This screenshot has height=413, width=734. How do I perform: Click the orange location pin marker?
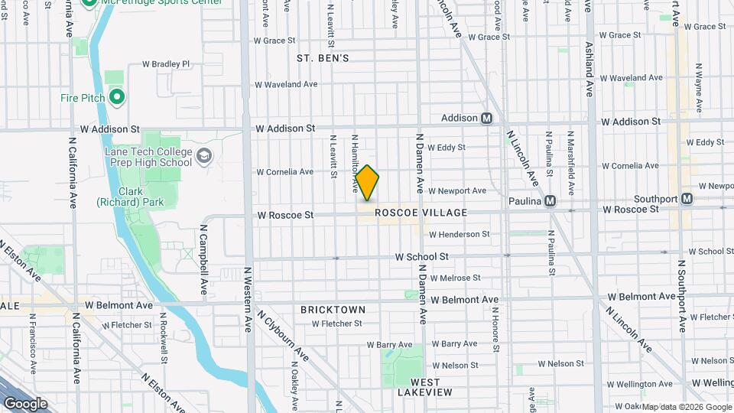pyautogui.click(x=368, y=183)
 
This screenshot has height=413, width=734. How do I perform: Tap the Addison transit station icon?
pyautogui.click(x=486, y=119)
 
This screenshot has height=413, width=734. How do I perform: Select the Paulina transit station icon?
pyautogui.click(x=550, y=202)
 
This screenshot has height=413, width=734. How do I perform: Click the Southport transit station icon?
pyautogui.click(x=687, y=198)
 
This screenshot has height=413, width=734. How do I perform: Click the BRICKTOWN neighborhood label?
pyautogui.click(x=333, y=310)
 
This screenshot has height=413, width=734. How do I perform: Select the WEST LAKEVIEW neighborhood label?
pyautogui.click(x=424, y=386)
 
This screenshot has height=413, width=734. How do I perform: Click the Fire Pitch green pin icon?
pyautogui.click(x=117, y=97)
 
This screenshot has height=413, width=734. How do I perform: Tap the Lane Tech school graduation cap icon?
pyautogui.click(x=204, y=157)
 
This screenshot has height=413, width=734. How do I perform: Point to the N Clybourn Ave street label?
pyautogui.click(x=283, y=334)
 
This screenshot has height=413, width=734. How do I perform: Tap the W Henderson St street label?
pyautogui.click(x=459, y=234)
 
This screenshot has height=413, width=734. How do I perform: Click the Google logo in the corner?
pyautogui.click(x=25, y=403)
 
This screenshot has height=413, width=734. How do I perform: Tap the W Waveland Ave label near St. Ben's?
pyautogui.click(x=287, y=84)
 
